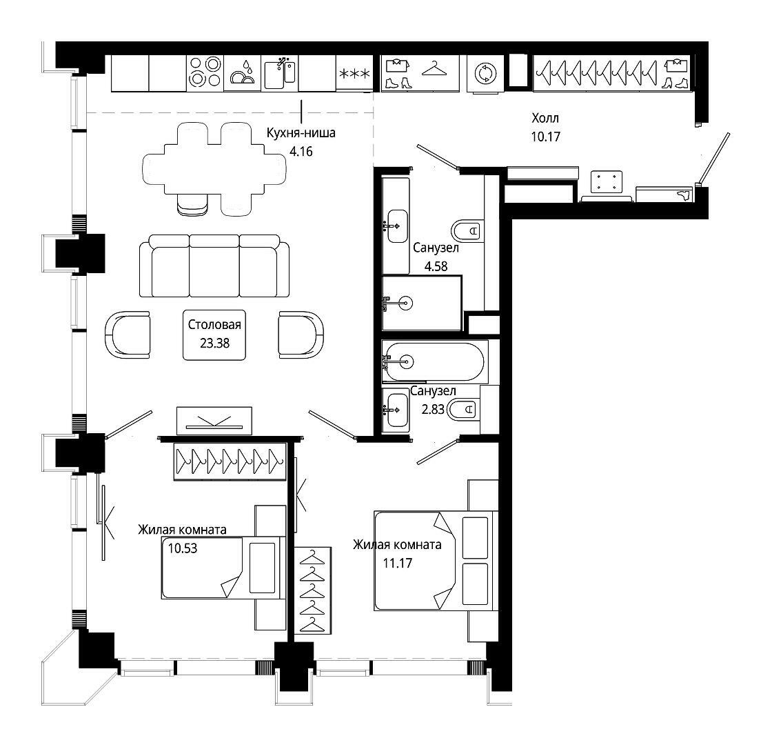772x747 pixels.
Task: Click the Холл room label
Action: (545, 118)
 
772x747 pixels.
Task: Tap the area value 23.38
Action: (214, 343)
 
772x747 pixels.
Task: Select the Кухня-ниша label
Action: (301, 132)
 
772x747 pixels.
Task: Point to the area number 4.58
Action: (436, 266)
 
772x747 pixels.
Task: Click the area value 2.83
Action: (433, 410)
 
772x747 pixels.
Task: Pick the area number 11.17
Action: (397, 564)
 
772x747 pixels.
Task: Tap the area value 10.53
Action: (183, 548)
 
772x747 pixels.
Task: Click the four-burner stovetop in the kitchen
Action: (205, 73)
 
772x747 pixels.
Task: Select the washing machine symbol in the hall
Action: (485, 73)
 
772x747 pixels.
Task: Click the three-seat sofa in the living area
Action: (214, 266)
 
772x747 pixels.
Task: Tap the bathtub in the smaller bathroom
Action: (435, 361)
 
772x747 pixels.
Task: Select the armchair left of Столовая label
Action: (128, 335)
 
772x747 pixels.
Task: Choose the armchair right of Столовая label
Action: (301, 335)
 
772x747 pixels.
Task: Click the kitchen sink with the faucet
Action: (280, 73)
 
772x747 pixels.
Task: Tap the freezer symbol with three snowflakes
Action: (354, 73)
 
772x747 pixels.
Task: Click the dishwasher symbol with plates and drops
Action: (242, 73)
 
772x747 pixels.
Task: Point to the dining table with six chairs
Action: (214, 169)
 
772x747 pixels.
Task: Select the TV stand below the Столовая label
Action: (214, 421)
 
